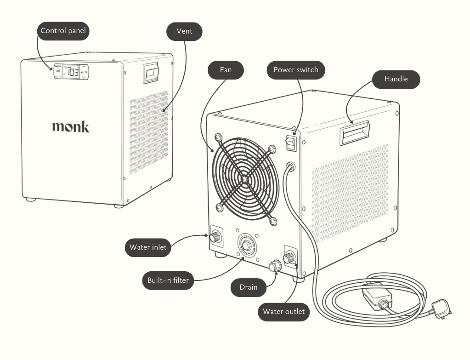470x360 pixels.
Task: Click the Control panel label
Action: pos(63,31)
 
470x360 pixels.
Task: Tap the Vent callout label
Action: pos(184,31)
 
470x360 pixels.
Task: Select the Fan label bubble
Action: pos(225,70)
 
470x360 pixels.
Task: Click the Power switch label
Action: pos(295,70)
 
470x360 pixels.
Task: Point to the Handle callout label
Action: pos(396,79)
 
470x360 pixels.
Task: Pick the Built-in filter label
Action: pos(168,280)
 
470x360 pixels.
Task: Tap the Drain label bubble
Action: pos(249,288)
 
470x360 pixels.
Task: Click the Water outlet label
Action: pos(283,312)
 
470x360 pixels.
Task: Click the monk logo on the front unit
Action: pos(70,126)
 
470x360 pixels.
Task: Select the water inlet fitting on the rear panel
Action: pos(215,237)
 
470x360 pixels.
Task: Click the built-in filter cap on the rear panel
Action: pos(245,245)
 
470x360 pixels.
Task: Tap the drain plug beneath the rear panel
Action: pos(275,265)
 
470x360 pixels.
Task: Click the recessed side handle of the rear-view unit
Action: pos(354,131)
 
